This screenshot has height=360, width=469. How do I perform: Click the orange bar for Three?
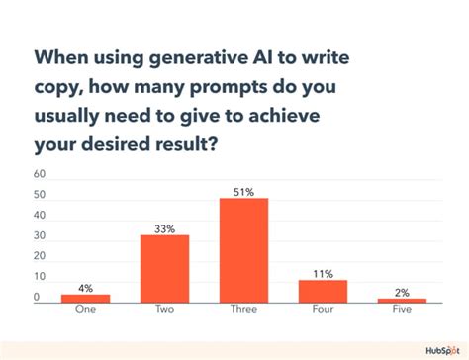coord(243,249)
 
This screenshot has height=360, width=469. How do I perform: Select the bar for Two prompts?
coord(164,267)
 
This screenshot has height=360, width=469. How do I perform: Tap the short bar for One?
coord(86,297)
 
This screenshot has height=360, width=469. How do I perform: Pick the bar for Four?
coord(323,290)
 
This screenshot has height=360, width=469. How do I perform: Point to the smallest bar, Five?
coord(401,300)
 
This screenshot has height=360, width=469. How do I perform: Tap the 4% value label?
coord(86,287)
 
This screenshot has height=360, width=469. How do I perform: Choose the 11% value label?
coord(323,272)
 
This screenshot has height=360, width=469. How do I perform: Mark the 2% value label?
coord(401,291)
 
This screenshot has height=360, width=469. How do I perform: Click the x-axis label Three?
coord(243,310)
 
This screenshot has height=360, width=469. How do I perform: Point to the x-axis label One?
coord(86,310)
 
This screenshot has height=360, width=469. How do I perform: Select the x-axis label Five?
coord(401,310)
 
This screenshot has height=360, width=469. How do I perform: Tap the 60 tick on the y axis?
coord(40,174)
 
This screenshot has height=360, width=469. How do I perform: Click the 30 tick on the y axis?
coord(40,236)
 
